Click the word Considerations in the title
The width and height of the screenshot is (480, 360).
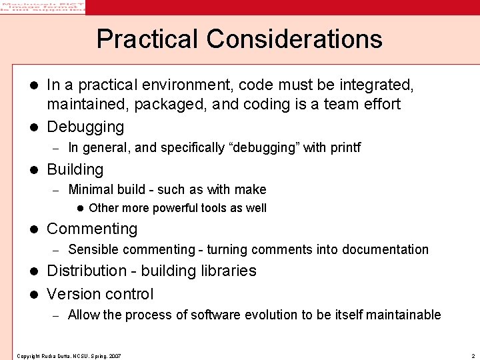(295, 39)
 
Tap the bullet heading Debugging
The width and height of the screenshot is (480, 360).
(85, 127)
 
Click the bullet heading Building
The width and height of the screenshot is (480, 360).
(75, 169)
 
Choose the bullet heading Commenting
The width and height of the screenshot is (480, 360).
(92, 229)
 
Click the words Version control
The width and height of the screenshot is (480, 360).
(100, 294)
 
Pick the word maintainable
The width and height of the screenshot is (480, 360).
(404, 315)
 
